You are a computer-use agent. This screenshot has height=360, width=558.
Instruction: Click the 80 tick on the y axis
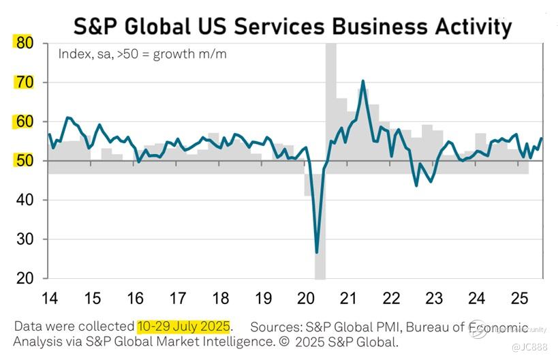coord(24,43)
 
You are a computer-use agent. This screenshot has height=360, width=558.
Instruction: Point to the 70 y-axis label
coord(24,82)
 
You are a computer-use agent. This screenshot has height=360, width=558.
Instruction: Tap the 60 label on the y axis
coord(24,122)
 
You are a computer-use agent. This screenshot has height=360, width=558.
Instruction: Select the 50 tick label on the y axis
coord(24,161)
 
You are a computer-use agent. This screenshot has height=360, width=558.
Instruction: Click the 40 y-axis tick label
coord(24,200)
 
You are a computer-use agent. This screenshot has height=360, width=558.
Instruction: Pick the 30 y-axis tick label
coord(24,239)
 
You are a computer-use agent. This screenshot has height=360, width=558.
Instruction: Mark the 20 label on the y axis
coord(24,279)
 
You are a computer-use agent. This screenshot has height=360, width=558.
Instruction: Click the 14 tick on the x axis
coord(49,298)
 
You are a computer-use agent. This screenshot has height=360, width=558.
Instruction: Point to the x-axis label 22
coord(391,298)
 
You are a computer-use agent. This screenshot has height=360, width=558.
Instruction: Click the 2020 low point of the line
coord(317,253)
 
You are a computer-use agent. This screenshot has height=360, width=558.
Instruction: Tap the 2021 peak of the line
coord(362,81)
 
